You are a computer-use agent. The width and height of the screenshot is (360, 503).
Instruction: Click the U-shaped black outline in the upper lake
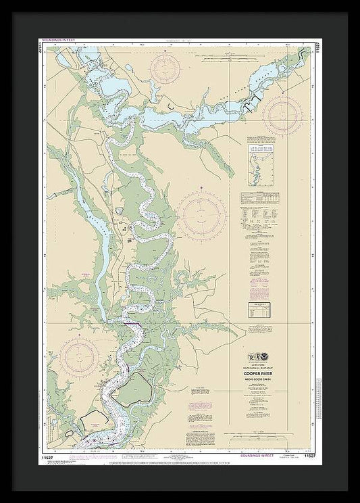coord(174,107)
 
